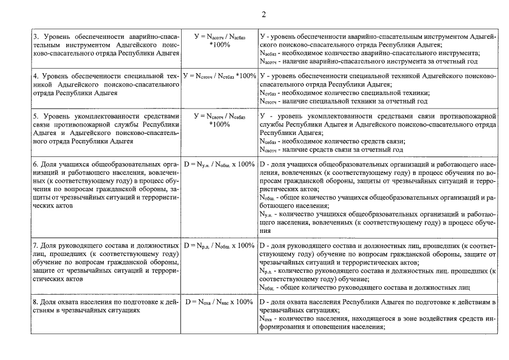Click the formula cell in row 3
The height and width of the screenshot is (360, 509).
(x=219, y=40)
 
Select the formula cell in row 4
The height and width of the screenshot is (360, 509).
(x=219, y=76)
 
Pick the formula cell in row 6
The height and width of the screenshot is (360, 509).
(x=219, y=164)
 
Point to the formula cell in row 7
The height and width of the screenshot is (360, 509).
(x=219, y=246)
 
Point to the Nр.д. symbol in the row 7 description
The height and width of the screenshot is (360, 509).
(x=266, y=271)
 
